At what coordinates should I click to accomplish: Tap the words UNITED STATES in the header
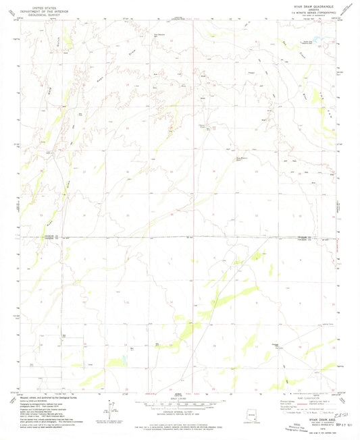(38, 5)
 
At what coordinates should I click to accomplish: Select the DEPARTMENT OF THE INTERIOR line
(38, 9)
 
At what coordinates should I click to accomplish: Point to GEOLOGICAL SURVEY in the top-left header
(38, 12)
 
